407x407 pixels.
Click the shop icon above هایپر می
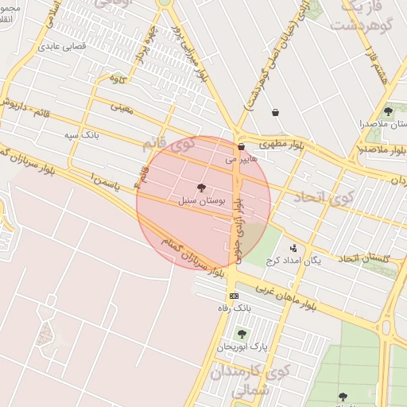click(x=241, y=147)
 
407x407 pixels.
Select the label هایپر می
click(x=242, y=160)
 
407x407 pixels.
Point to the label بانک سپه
click(x=83, y=136)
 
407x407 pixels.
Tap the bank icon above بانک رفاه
click(x=234, y=296)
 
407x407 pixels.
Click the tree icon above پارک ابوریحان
click(x=242, y=334)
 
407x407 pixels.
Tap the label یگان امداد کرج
click(x=297, y=261)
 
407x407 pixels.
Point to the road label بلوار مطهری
click(x=277, y=145)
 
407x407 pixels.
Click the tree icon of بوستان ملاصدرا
click(x=388, y=111)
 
